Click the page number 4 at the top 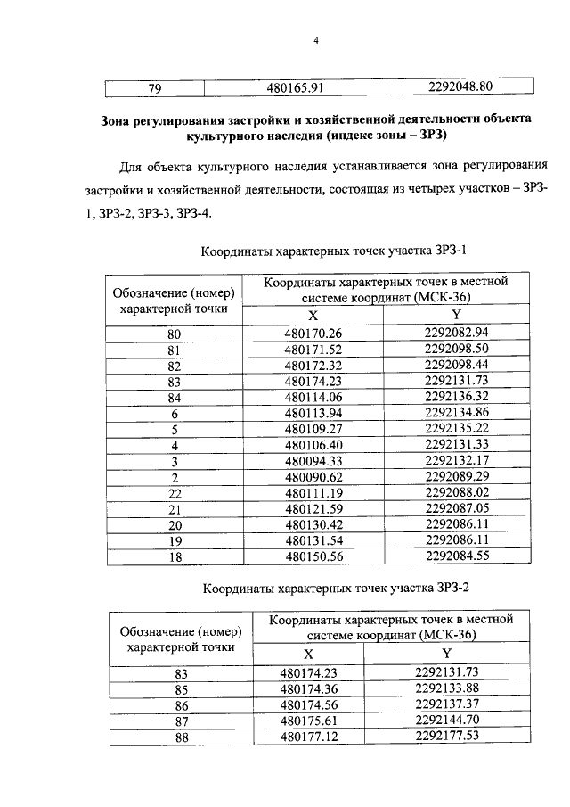tap(315, 39)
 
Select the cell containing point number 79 tap(154, 87)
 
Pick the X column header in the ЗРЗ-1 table tap(313, 316)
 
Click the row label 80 tap(175, 334)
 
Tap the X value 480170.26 tap(313, 334)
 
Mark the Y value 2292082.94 tap(456, 333)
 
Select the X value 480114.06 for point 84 tap(313, 397)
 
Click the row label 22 tap(175, 492)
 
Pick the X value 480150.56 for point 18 tap(313, 556)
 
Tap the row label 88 tap(181, 736)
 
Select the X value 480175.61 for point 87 tap(310, 720)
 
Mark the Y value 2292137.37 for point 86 tap(447, 704)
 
